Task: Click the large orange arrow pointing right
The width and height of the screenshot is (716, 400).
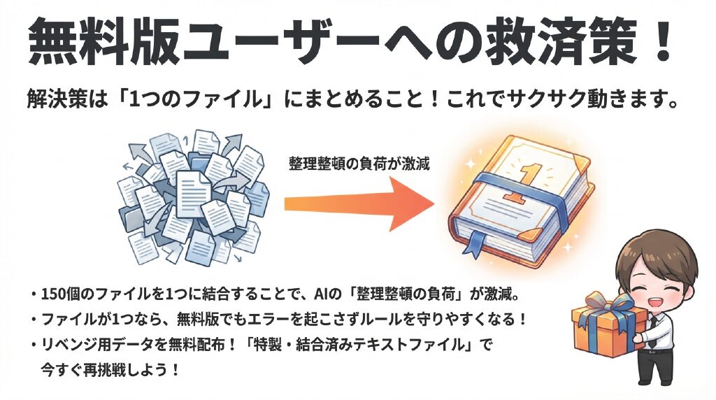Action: click(359, 204)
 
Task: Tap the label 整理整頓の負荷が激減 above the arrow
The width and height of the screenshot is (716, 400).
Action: click(359, 164)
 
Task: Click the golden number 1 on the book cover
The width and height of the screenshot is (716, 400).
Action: click(526, 183)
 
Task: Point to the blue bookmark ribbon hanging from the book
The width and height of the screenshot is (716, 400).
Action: click(475, 241)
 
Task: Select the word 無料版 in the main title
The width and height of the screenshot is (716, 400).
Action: click(103, 42)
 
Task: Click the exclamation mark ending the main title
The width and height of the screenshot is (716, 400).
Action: click(660, 41)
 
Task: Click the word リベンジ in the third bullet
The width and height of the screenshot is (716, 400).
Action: click(69, 344)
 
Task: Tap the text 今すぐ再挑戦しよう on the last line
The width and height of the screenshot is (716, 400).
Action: click(104, 369)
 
